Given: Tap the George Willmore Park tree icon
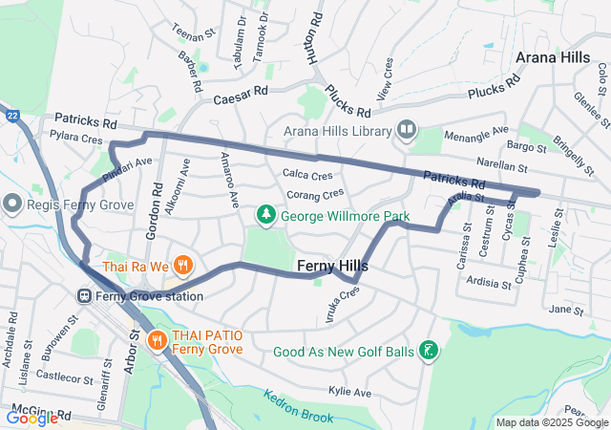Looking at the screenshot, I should coord(266,216).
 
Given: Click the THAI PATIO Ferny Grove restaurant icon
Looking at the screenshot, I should coord(158,338).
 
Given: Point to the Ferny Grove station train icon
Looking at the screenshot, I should coord(86,296).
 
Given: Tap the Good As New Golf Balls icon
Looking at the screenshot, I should coord(430,352).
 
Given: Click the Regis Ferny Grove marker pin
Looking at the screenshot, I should coord(11,203).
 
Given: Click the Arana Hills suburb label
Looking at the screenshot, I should coord(552,57).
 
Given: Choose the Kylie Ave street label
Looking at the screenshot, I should coord(349,392).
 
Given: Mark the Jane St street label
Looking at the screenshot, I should coord(566,311).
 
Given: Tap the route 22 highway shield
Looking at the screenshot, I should coord(11,116).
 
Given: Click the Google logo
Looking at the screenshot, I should coord(31,418).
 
